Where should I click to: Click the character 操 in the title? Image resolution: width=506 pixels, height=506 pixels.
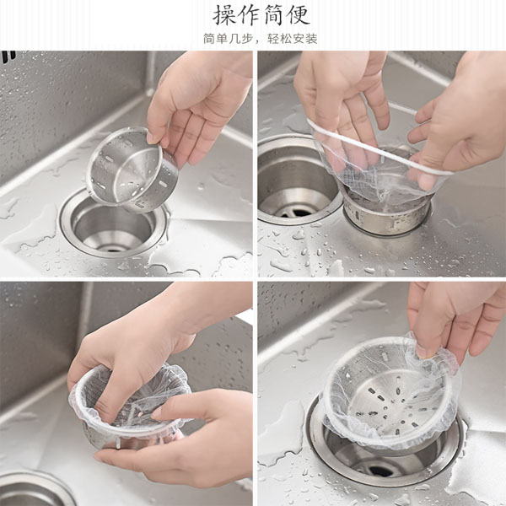click(x=224, y=14)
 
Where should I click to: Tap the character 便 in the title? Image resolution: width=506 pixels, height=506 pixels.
click(x=299, y=14)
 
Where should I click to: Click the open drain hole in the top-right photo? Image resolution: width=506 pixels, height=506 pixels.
click(x=295, y=180)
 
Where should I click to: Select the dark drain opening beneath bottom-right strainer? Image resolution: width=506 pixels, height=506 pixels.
click(x=381, y=471)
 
